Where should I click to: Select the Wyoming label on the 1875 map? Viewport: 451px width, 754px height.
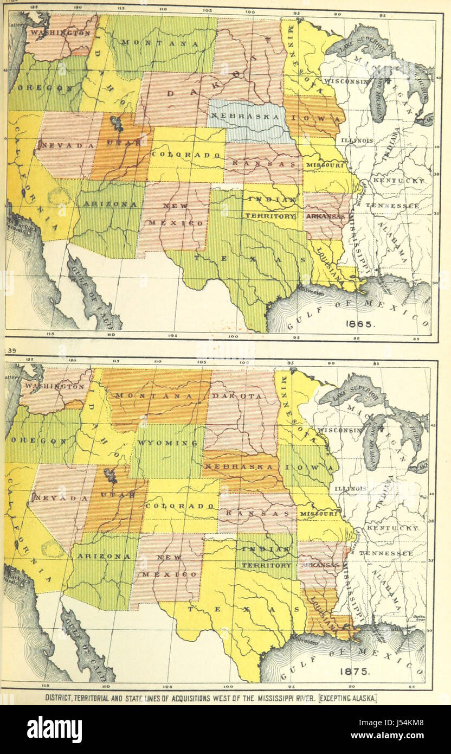pyautogui.click(x=166, y=443)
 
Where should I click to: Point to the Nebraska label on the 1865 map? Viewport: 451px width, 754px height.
pyautogui.click(x=242, y=117)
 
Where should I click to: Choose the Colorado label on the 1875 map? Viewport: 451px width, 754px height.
pyautogui.click(x=180, y=506)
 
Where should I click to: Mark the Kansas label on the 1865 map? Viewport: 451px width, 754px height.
pyautogui.click(x=261, y=163)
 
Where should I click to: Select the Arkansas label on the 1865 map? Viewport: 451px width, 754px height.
pyautogui.click(x=325, y=216)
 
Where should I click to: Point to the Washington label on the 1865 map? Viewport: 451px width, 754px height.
pyautogui.click(x=60, y=33)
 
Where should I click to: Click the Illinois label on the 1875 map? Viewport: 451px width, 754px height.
pyautogui.click(x=350, y=489)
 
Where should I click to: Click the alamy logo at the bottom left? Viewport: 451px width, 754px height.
pyautogui.click(x=54, y=730)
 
